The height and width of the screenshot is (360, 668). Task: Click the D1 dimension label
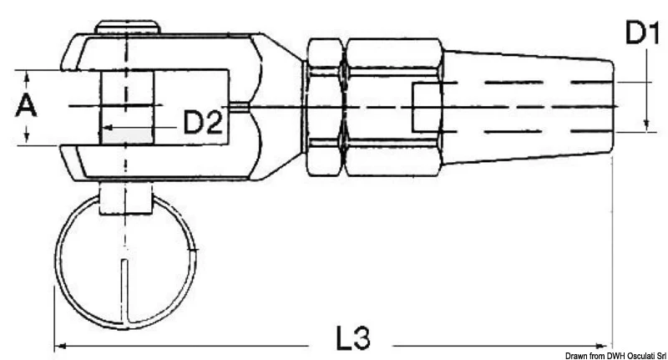(642, 33)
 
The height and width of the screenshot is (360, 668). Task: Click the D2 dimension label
(203, 122)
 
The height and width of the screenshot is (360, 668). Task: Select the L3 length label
(353, 338)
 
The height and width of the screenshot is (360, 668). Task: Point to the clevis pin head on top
(128, 27)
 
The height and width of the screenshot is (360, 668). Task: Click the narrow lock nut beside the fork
(325, 107)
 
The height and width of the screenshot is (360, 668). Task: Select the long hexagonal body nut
(393, 107)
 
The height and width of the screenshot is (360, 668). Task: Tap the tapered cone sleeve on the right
(529, 107)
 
